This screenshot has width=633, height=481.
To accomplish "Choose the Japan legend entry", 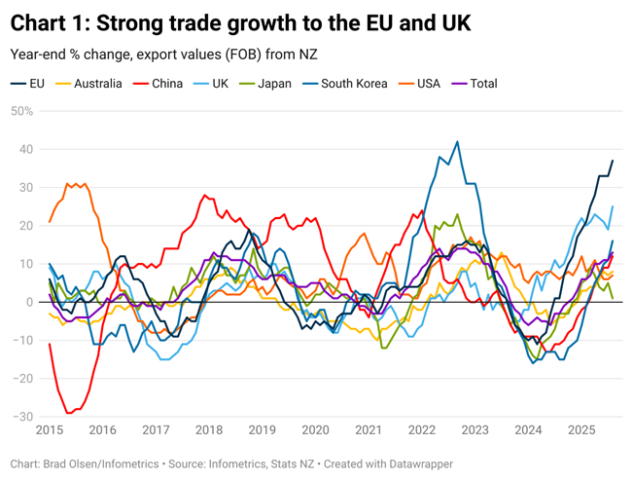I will (274, 84).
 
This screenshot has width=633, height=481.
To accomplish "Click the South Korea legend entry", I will (354, 84).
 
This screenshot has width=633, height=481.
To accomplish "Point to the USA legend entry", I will (428, 84).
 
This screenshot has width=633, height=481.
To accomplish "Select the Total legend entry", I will (483, 84).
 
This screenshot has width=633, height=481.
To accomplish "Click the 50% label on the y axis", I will (21, 111).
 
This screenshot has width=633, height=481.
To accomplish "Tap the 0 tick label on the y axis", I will (29, 302).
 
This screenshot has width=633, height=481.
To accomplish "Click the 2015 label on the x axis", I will (50, 430).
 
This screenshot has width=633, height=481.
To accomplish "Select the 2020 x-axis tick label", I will (315, 430).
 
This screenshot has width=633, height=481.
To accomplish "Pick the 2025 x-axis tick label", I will (581, 430).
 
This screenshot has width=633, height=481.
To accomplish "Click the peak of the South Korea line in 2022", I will (457, 141).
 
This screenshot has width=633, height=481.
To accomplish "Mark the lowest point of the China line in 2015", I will (69, 413).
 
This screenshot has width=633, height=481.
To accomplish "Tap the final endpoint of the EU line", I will (613, 161).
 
